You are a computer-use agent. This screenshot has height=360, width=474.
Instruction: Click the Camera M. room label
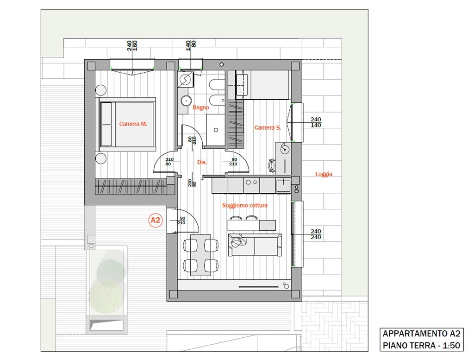tap(133, 124)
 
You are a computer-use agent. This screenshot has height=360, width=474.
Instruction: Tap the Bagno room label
tap(201, 107)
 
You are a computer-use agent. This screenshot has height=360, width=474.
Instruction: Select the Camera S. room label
tap(268, 128)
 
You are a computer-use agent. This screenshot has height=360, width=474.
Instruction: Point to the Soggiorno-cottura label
tap(244, 205)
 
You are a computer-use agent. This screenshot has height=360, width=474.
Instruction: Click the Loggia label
tap(324, 174)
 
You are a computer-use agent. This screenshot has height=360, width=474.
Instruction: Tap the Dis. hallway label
tap(202, 162)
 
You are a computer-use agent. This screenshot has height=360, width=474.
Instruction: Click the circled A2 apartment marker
tap(156, 220)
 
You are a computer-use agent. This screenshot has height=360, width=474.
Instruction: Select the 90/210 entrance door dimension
tap(181, 221)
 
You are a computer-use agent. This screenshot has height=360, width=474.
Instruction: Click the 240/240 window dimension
tap(316, 234)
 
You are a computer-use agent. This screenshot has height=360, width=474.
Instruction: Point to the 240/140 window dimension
tap(316, 122)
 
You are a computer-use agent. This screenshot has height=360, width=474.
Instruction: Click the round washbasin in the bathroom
tap(185, 100)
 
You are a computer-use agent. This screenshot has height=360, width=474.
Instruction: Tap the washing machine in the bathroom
tap(185, 80)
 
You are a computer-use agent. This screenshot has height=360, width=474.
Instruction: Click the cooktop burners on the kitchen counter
tap(251, 183)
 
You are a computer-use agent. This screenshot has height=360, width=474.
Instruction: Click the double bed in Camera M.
tap(128, 124)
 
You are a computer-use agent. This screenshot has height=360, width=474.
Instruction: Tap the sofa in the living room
tap(255, 245)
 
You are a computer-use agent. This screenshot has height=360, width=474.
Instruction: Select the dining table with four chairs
tap(201, 255)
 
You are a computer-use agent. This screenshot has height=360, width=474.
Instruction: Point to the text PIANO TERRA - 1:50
tap(421, 345)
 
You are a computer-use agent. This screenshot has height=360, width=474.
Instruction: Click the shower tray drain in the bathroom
tap(216, 130)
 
